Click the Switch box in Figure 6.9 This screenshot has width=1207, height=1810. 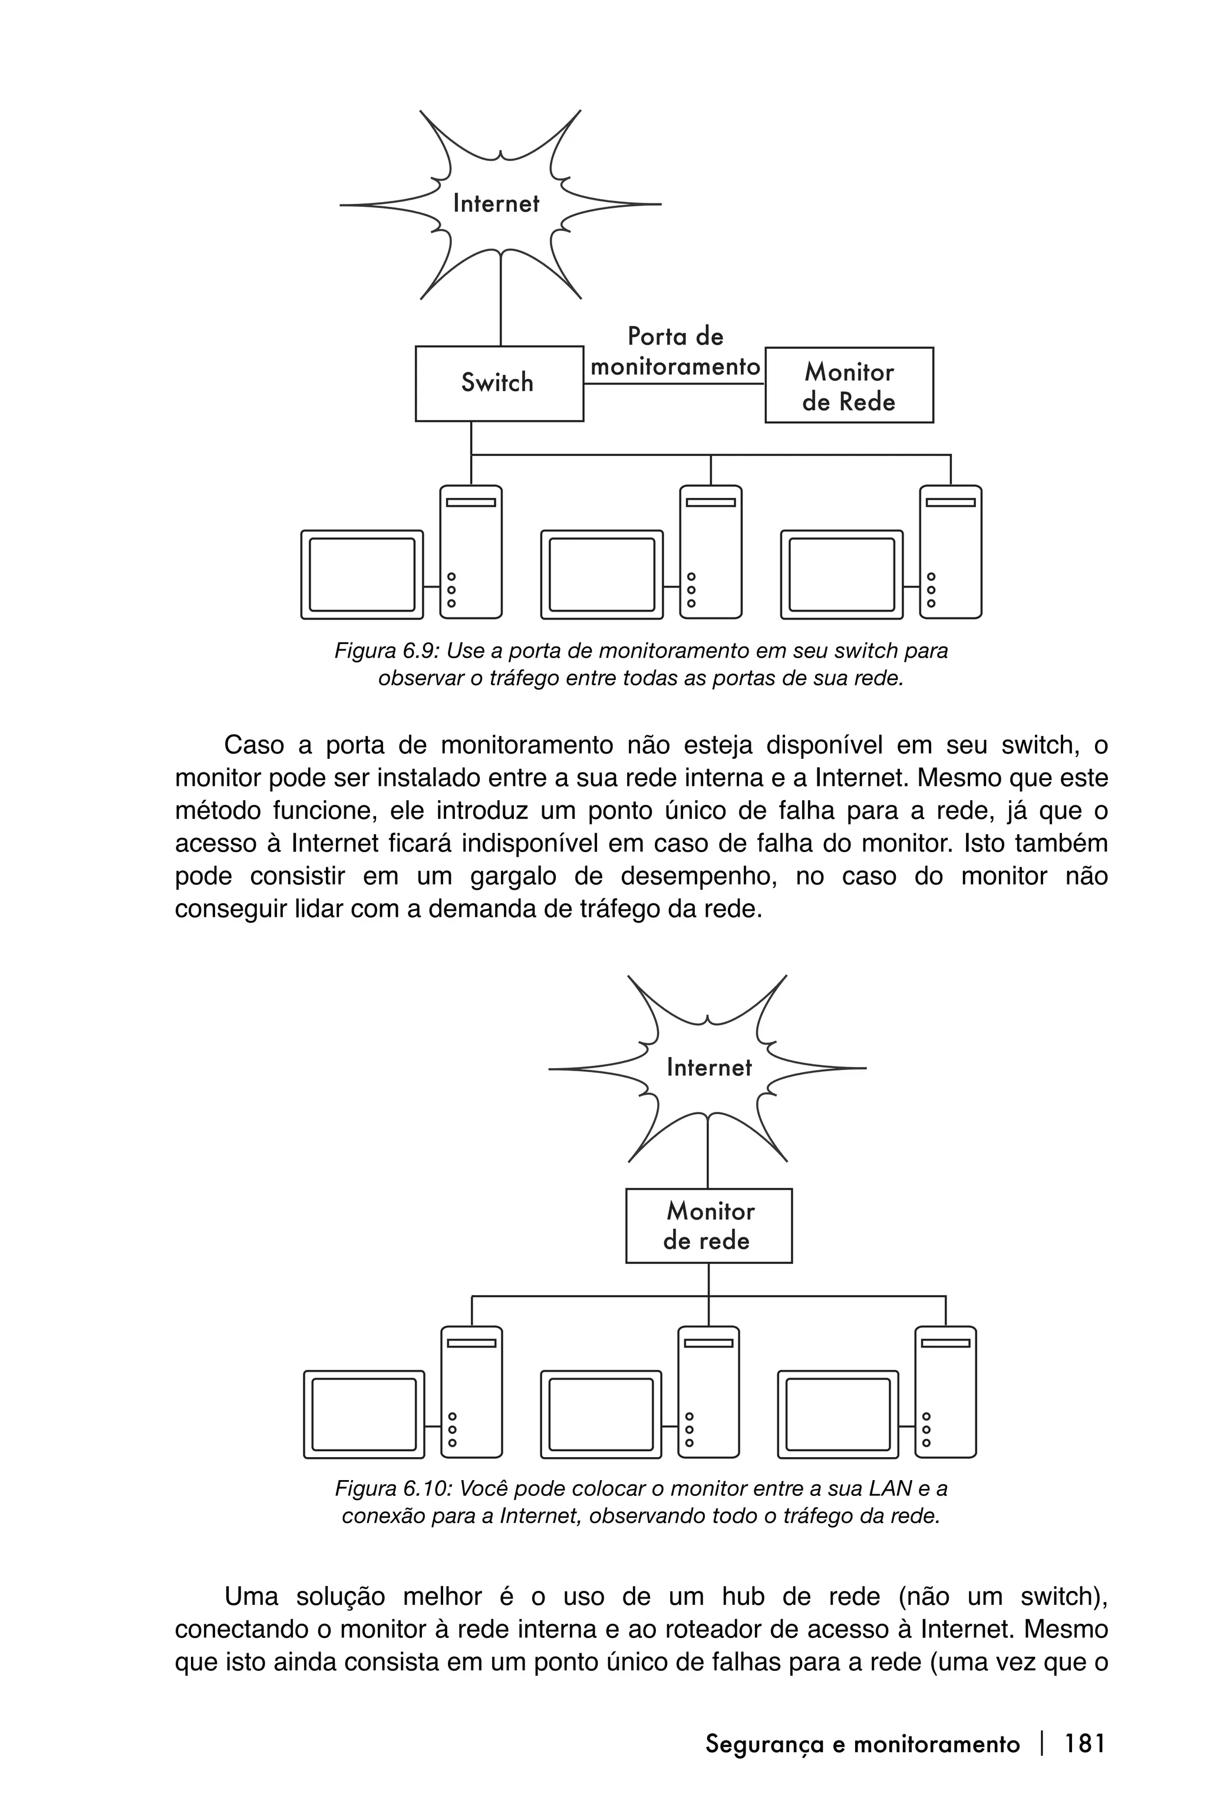tap(499, 383)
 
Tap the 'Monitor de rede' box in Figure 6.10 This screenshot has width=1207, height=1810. tap(708, 1226)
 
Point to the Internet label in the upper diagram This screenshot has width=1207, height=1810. tap(496, 204)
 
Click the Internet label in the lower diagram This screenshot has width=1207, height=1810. tap(708, 1068)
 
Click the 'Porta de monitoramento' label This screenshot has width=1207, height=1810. tap(675, 352)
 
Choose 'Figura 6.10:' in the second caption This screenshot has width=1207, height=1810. tap(393, 1488)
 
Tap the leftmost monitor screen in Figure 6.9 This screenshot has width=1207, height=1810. tap(362, 574)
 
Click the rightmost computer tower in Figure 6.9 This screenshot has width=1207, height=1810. tap(951, 551)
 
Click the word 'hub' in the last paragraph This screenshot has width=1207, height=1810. tap(743, 1597)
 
